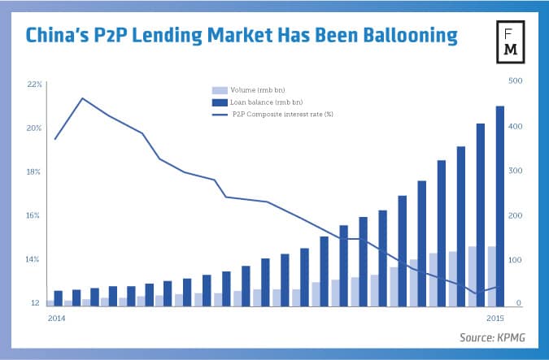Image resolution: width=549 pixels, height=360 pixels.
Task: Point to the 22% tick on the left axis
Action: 34,84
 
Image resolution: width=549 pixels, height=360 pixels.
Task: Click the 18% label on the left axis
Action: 34,171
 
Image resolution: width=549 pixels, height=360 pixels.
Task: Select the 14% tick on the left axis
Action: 34,259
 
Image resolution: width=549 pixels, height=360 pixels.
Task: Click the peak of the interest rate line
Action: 83,98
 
